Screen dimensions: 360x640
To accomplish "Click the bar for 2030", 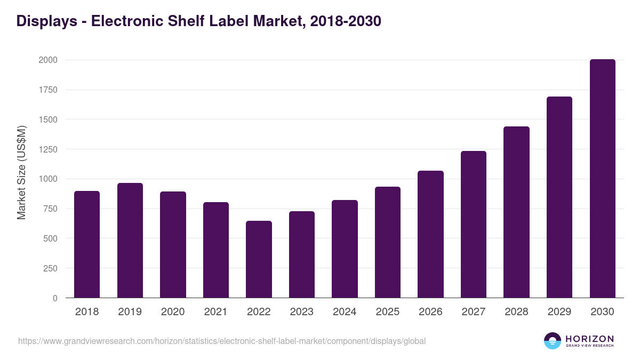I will pos(602,179).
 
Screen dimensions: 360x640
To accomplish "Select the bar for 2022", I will pos(259,259).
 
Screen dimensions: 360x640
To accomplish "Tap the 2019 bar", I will pos(130,241).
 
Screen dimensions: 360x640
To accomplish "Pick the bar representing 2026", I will pos(430,234).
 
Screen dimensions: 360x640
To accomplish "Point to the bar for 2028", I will pos(516,212).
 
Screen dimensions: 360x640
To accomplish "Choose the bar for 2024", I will pos(345,249).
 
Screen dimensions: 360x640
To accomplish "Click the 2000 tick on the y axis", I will pos(48,60).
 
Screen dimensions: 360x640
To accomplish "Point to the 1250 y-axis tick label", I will pos(48,149).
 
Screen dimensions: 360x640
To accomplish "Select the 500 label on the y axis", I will pos(50,238).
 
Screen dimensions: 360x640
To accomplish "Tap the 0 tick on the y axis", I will pos(55,298).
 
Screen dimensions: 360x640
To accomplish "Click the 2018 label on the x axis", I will pos(87,312).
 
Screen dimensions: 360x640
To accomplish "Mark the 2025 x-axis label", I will pos(388,312).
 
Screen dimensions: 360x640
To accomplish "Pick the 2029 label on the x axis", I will pos(559,312).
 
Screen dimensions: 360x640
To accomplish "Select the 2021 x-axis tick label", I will pos(216,312).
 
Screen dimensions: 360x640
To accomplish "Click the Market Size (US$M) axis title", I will pos(21,173).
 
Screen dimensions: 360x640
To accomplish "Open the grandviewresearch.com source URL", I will pos(222,341).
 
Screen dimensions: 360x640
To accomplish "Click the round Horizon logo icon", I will pos(553,341).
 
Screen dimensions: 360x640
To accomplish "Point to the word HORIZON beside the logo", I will pos(590,339).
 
